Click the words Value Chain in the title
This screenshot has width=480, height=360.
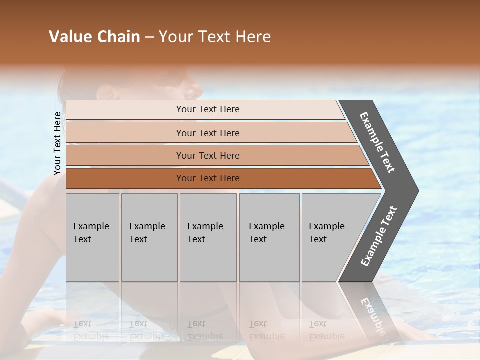(94, 37)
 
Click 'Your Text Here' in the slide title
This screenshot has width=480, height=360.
(215, 37)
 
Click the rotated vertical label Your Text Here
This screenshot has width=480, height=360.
(57, 143)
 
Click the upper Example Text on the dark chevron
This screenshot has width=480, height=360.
(377, 142)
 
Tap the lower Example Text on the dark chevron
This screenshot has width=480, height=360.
(379, 236)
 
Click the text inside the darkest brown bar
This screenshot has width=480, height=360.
(208, 178)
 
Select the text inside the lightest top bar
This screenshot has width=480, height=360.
(208, 109)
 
